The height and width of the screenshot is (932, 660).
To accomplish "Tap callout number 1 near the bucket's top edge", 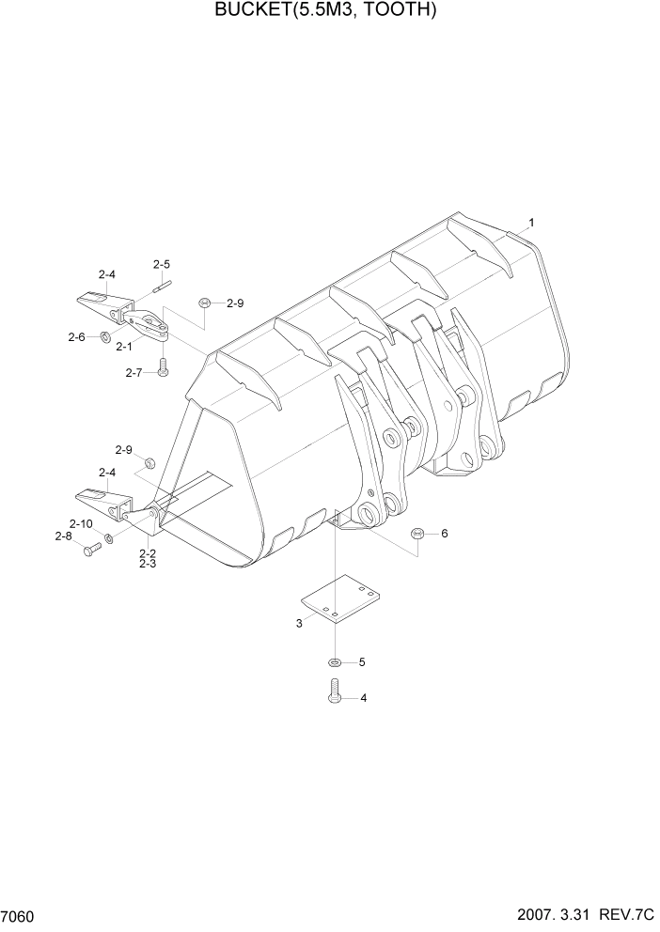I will (531, 223).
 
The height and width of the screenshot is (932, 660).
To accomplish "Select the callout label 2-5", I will (162, 264).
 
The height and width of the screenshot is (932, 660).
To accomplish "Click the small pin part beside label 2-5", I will (162, 283).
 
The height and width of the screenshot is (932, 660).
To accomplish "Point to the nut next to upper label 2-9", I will (204, 303).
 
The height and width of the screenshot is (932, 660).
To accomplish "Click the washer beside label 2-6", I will (105, 337).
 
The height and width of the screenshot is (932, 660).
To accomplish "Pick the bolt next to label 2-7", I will (163, 370).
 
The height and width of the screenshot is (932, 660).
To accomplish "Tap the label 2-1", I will (124, 347).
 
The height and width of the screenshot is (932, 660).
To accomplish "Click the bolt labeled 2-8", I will (90, 551).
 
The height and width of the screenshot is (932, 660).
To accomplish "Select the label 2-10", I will (80, 523).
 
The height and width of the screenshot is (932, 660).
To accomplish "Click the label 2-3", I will (148, 564).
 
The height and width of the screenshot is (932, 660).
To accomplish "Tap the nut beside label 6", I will (416, 534).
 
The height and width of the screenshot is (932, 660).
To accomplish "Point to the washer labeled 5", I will (336, 662).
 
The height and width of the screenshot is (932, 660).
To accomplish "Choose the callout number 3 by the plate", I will (299, 623).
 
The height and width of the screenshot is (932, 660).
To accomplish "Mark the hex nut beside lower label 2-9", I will (149, 463).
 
